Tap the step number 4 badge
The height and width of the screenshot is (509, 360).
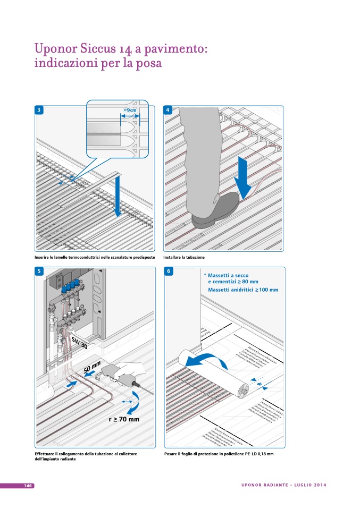(168, 110)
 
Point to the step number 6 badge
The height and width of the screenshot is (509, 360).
(168, 271)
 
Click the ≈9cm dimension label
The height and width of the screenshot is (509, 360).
(130, 111)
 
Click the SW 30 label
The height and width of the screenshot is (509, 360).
(77, 343)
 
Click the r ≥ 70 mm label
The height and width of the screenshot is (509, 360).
(124, 419)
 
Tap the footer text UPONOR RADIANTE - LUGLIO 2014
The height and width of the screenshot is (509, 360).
(283, 485)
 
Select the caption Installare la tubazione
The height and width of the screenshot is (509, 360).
(184, 257)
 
